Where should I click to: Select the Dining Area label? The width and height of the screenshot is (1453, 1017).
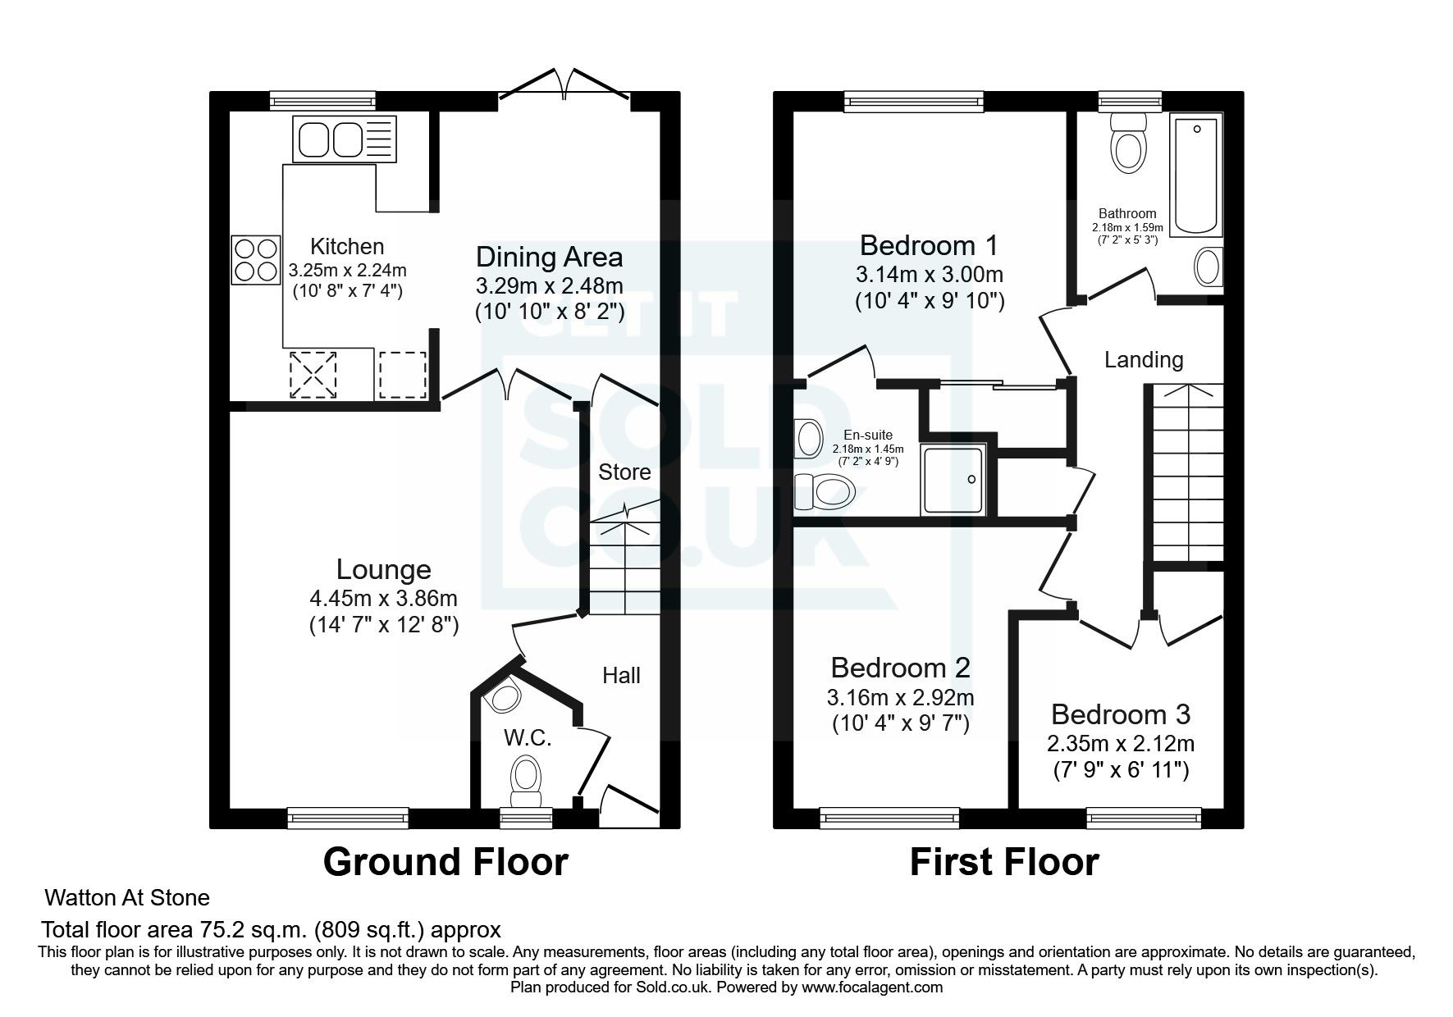(x=549, y=257)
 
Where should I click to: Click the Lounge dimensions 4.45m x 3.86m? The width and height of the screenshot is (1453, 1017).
(x=383, y=599)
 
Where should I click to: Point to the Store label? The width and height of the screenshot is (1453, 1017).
(x=624, y=472)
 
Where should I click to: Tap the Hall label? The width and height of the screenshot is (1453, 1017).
(x=621, y=676)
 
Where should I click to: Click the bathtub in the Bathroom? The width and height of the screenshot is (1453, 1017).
(x=1195, y=176)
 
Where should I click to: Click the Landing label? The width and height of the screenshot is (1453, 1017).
(x=1144, y=359)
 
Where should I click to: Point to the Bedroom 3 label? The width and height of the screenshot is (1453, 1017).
(x=1120, y=714)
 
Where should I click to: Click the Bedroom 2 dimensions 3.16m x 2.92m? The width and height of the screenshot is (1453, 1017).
(x=900, y=698)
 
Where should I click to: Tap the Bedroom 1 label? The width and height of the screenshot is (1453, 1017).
(x=929, y=244)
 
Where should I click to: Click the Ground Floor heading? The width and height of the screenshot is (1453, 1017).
(x=445, y=862)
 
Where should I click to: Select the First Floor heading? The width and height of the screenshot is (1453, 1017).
(x=1003, y=862)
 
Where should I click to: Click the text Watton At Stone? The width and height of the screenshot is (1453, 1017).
(x=127, y=897)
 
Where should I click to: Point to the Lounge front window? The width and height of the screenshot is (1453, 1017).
(x=348, y=816)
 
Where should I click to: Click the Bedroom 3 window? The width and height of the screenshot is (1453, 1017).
(x=1143, y=816)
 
